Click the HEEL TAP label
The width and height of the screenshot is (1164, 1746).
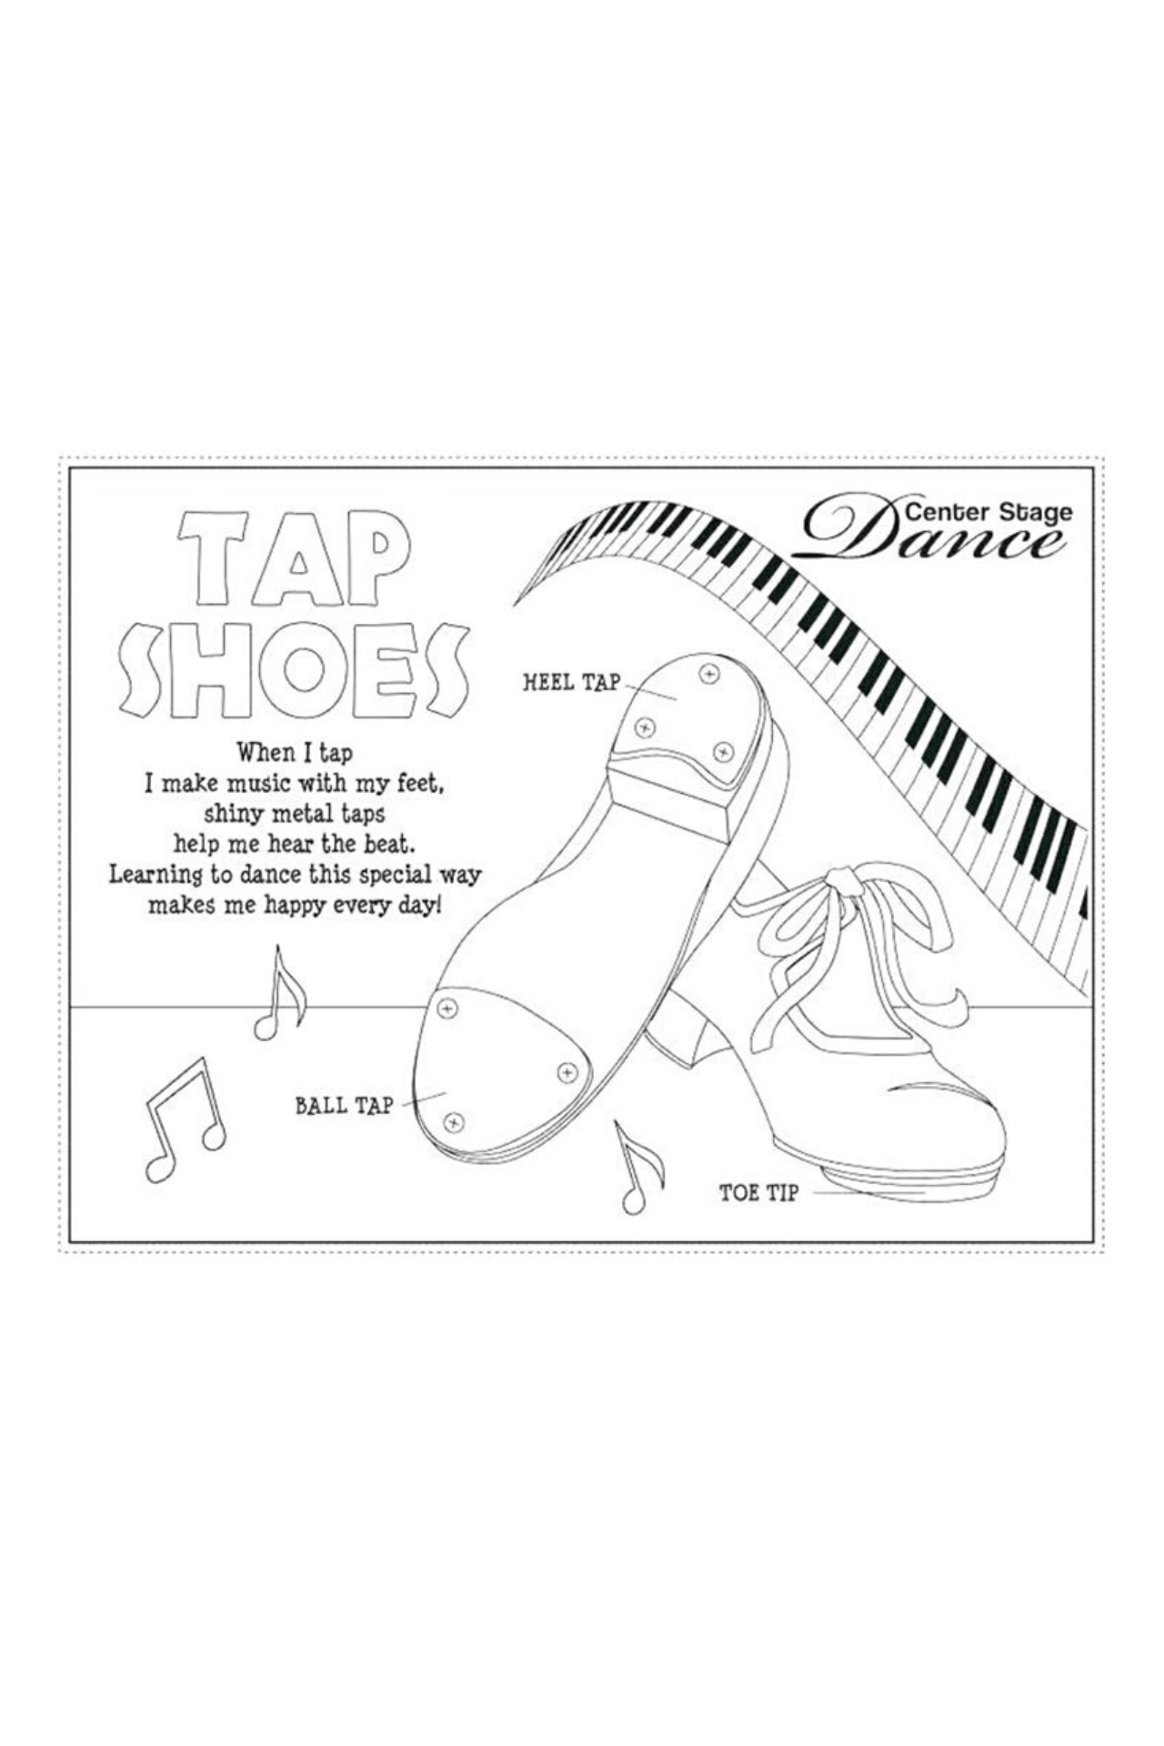(571, 682)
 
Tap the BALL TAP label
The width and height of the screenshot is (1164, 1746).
(344, 1106)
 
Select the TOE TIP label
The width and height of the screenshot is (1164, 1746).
(758, 1193)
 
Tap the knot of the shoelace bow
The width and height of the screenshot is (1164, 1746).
(843, 879)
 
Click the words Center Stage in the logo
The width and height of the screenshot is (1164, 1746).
(988, 512)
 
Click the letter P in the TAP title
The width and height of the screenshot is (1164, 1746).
(376, 557)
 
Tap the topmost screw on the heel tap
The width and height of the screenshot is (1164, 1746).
(708, 674)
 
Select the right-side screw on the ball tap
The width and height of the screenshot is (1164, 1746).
(567, 1073)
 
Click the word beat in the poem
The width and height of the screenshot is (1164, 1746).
(390, 844)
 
